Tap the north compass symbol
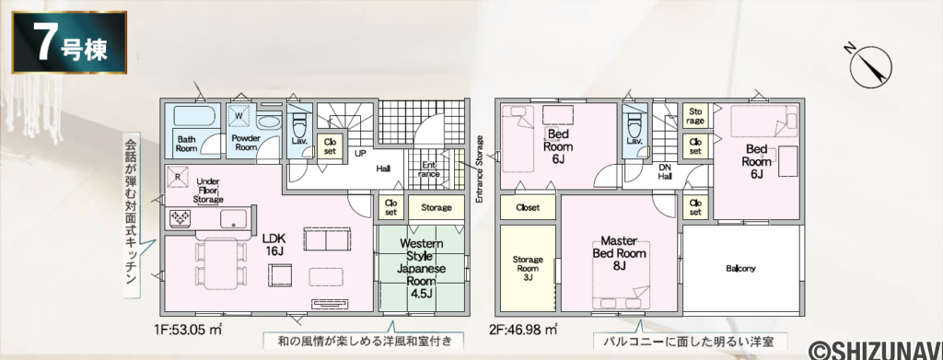(x=868, y=64)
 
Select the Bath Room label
(x=187, y=143)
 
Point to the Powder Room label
(x=245, y=143)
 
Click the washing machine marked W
(x=241, y=116)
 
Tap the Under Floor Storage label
(x=208, y=191)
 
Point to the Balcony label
(x=740, y=269)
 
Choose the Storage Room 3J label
(x=528, y=267)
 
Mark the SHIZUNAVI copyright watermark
(x=874, y=348)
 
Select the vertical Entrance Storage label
(x=479, y=169)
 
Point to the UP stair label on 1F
(x=362, y=153)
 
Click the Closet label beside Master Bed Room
(x=528, y=207)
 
